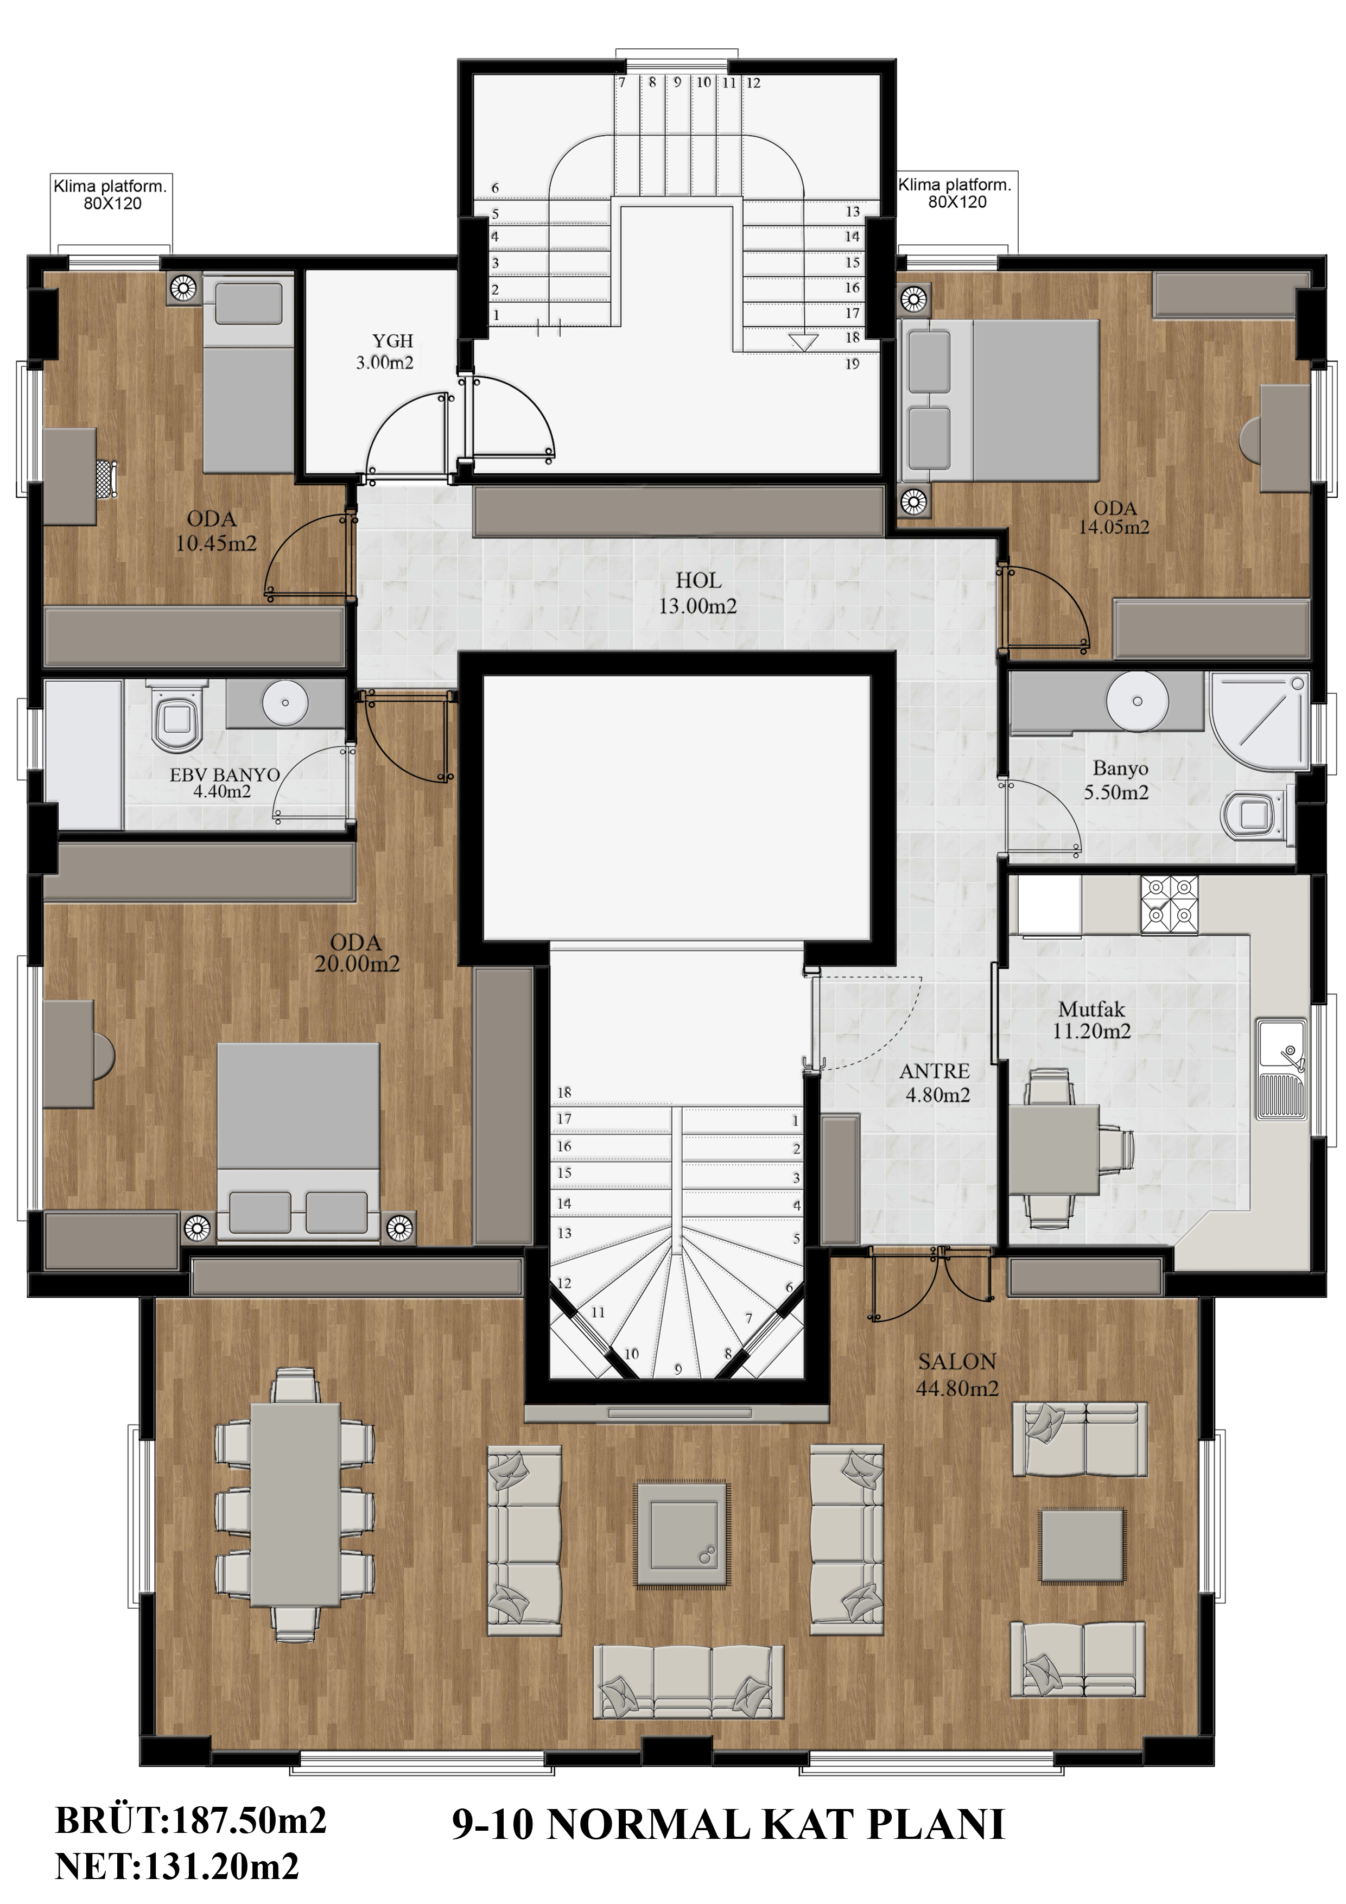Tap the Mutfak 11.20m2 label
pos(1091,1020)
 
